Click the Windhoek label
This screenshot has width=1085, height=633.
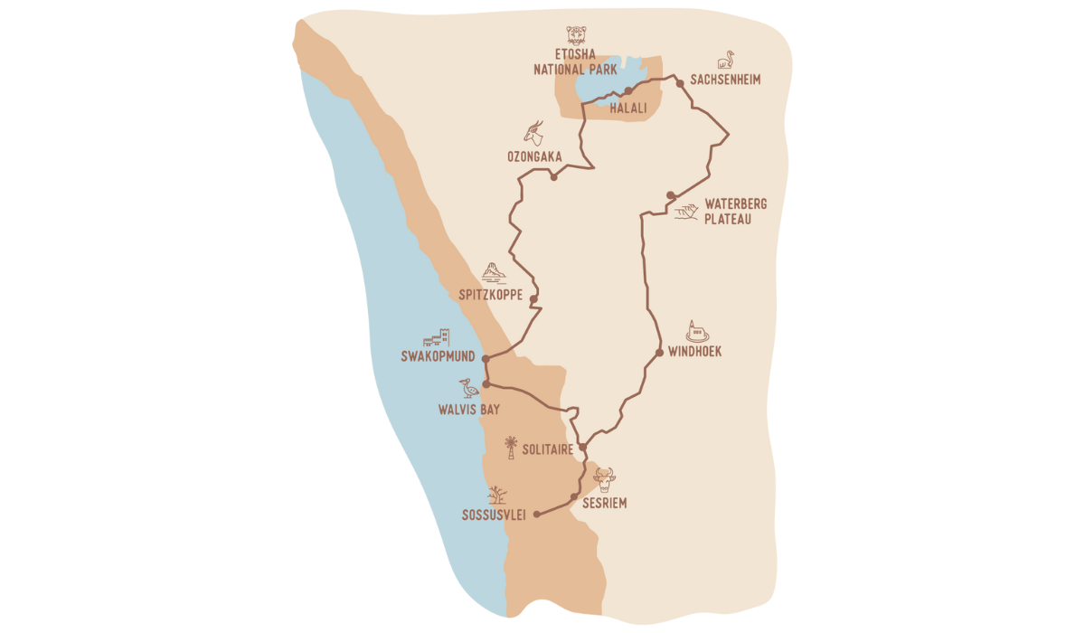pyautogui.click(x=694, y=352)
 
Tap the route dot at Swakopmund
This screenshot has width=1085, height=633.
pyautogui.click(x=486, y=359)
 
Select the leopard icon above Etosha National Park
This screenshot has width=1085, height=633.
pyautogui.click(x=576, y=36)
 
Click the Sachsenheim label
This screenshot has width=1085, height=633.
pyautogui.click(x=725, y=80)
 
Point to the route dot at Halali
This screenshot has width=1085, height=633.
pyautogui.click(x=627, y=91)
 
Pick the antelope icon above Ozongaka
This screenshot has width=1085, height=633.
pyautogui.click(x=535, y=133)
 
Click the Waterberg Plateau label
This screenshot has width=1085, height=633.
pyautogui.click(x=735, y=211)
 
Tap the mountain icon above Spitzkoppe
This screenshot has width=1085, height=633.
pyautogui.click(x=493, y=271)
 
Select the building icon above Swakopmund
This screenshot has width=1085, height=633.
pyautogui.click(x=437, y=338)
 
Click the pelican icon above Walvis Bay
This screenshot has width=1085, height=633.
pyautogui.click(x=468, y=389)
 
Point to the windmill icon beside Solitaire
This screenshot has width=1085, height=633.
pyautogui.click(x=511, y=448)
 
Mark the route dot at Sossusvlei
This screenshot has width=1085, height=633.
pyautogui.click(x=537, y=515)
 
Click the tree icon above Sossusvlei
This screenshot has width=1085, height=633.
pyautogui.click(x=496, y=495)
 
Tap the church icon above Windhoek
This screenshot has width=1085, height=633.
pyautogui.click(x=696, y=331)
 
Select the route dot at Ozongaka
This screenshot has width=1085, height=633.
pyautogui.click(x=553, y=176)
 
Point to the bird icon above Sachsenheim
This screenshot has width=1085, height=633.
pyautogui.click(x=725, y=60)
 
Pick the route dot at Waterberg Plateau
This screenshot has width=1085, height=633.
pyautogui.click(x=670, y=195)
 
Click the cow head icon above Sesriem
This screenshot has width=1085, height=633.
pyautogui.click(x=604, y=478)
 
